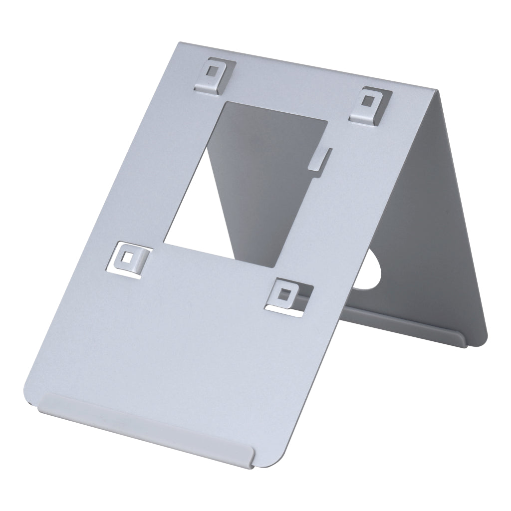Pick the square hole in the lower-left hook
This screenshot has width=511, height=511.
pos(129,257)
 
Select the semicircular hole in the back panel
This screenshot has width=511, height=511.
pos(372,272)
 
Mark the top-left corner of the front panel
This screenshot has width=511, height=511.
pos(179,42)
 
